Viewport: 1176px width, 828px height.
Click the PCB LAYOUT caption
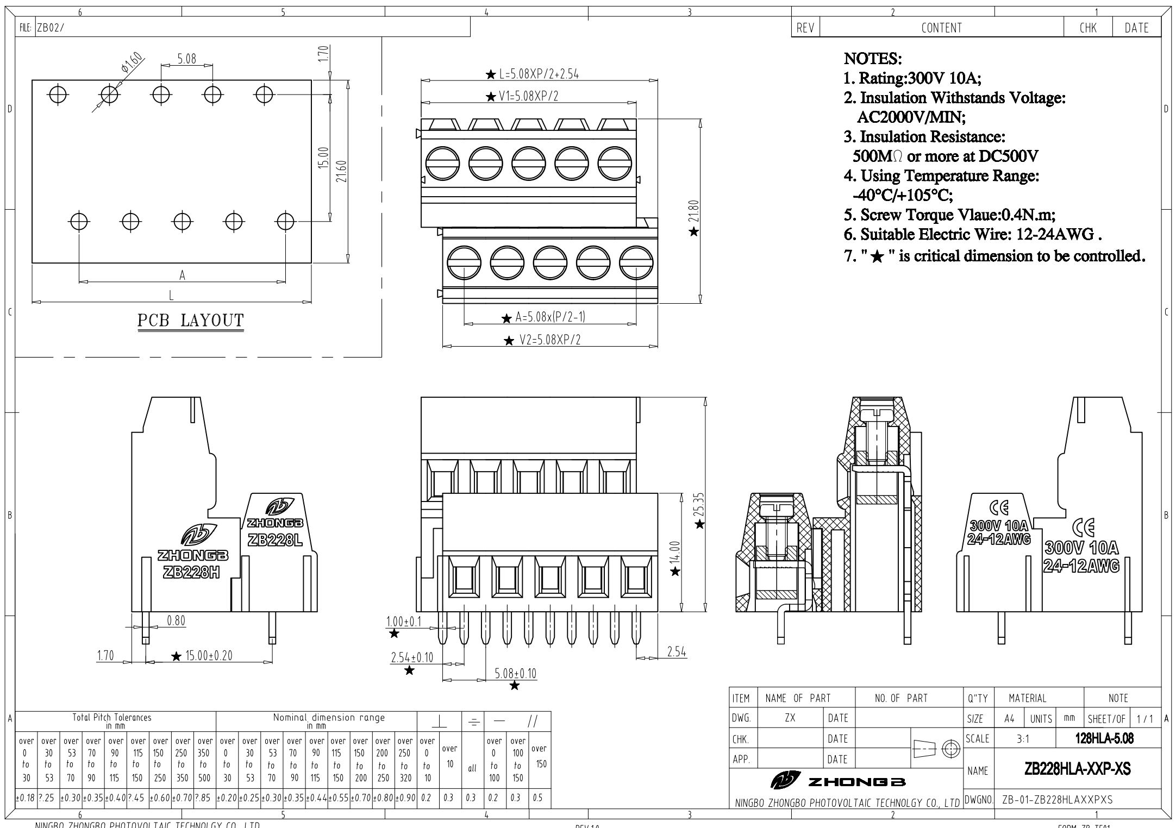(190, 321)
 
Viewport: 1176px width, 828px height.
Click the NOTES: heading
(873, 59)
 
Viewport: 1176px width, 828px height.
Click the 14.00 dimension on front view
(674, 553)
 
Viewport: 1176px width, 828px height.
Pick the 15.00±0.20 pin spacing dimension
(209, 656)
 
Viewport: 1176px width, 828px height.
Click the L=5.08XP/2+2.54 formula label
(539, 74)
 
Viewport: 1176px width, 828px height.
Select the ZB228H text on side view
(191, 572)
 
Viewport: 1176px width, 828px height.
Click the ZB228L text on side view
(274, 541)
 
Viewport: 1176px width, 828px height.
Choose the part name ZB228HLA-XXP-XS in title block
(1078, 769)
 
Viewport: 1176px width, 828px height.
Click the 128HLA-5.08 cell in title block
(1104, 738)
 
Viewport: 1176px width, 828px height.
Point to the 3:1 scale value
(1022, 739)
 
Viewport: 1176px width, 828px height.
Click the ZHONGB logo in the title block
(838, 781)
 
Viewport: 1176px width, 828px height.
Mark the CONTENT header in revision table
(941, 28)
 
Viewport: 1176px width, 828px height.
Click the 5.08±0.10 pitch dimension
(515, 674)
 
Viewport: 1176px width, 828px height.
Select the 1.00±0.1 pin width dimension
(403, 622)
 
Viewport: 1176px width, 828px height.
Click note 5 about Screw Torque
(949, 215)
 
